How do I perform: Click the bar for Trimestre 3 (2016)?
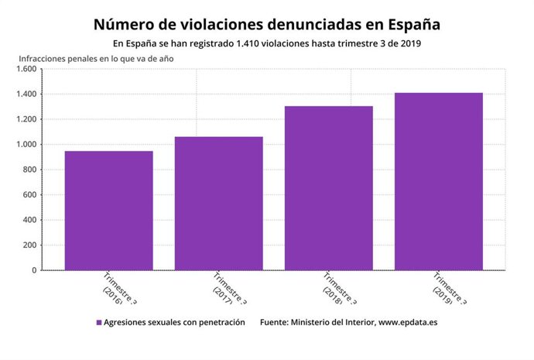point(108,211)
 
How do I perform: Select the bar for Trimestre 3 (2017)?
point(218,204)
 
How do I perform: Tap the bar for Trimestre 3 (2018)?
point(328,188)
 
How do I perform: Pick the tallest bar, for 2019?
point(438,182)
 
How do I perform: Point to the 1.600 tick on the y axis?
point(26,69)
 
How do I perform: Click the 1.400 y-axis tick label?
point(26,94)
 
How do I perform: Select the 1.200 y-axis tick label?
point(26,119)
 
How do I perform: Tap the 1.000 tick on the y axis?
point(26,145)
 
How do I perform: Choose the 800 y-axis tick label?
point(29,170)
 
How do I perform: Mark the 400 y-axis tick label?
point(29,220)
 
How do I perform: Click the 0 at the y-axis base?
point(34,270)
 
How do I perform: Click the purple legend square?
point(99,322)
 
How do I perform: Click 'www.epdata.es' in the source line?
point(407,322)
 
